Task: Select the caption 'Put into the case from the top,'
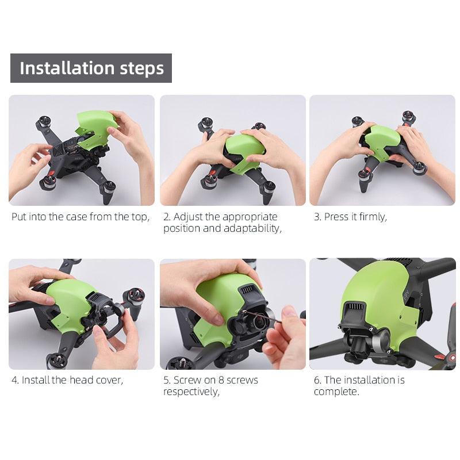(x=80, y=217)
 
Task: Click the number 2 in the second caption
(x=166, y=217)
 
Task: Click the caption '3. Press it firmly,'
(x=350, y=217)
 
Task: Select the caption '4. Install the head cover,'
(x=67, y=380)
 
